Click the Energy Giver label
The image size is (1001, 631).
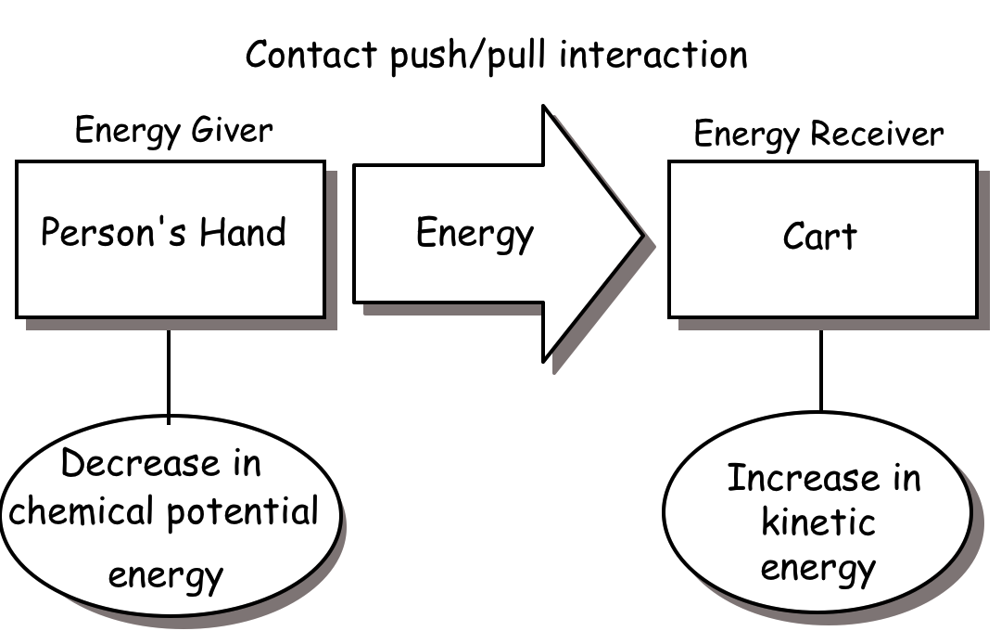coord(173,131)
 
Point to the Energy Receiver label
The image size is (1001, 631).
coord(818,135)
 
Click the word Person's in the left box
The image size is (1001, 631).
coord(103,232)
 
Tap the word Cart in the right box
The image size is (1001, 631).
coord(820,237)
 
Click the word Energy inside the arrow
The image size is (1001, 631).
coord(475,234)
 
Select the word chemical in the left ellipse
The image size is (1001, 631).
coord(69,511)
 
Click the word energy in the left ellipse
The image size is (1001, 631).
coord(166,575)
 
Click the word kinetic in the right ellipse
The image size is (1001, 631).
coord(818,522)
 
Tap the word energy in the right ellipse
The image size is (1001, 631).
coord(818,567)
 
